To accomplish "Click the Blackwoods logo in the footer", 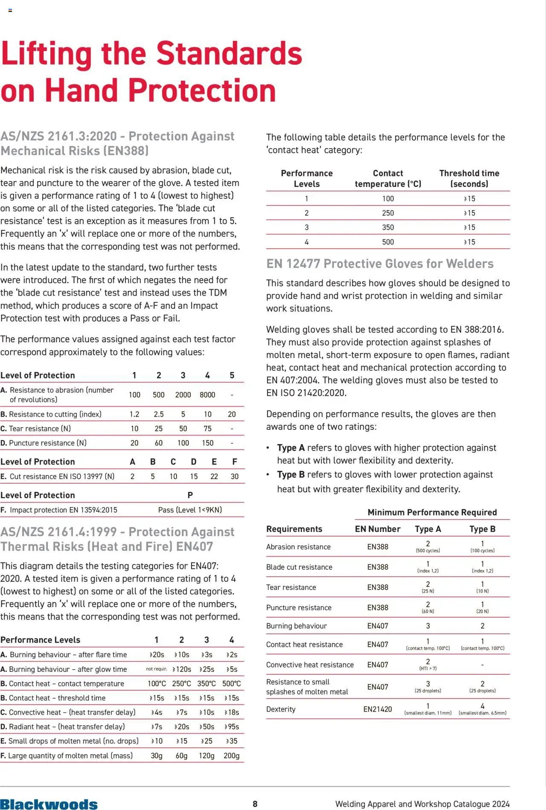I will [x=49, y=804].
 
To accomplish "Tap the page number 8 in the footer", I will [x=255, y=804].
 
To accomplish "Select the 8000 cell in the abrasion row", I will [x=207, y=395].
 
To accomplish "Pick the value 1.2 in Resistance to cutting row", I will [x=134, y=414].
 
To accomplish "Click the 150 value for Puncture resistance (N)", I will [x=208, y=443].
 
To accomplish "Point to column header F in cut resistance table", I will [x=235, y=462].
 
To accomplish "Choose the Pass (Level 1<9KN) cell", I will [x=190, y=510].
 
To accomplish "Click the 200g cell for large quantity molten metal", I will [x=232, y=755].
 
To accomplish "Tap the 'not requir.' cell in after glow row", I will [x=157, y=669].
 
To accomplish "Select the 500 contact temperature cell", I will [x=388, y=242].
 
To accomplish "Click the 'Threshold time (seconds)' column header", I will [x=469, y=179].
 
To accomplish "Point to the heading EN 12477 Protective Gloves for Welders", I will [x=380, y=264].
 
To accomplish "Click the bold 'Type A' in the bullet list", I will [x=291, y=448].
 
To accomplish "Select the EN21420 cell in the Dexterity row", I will [x=378, y=709].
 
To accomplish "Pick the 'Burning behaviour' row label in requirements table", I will [x=296, y=626].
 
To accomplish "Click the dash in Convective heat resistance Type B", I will [x=482, y=665].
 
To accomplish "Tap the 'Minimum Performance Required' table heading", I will [x=432, y=512].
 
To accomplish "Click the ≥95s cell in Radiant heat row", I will [x=232, y=727].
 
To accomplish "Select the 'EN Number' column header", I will [x=378, y=529].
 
